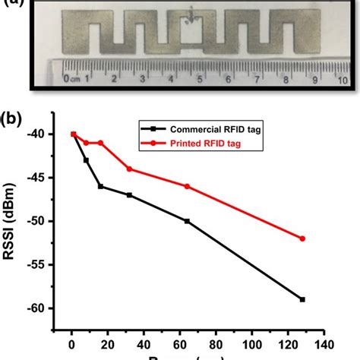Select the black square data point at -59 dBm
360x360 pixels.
302,299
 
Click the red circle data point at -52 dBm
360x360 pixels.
302,238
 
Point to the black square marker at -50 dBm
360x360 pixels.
187,221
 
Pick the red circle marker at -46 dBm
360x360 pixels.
187,186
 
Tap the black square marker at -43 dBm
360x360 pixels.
86,160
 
